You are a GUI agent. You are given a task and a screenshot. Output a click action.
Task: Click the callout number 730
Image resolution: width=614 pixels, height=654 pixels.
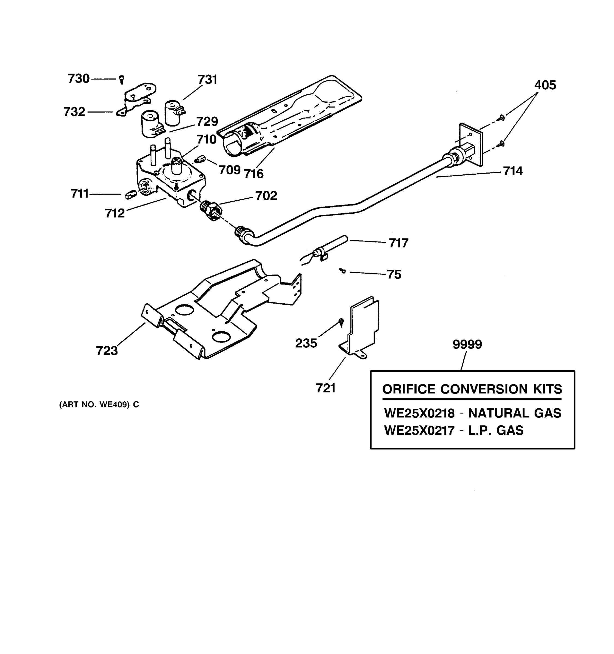coord(78,79)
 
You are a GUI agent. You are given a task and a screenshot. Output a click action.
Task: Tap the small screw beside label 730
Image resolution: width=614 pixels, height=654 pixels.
coord(121,79)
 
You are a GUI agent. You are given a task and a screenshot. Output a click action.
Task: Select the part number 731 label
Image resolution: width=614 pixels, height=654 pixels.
coord(207,80)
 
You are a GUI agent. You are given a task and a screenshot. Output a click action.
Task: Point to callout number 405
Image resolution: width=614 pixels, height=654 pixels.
coord(545,85)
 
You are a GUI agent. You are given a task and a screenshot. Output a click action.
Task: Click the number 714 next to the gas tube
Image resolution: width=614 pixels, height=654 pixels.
coord(512,171)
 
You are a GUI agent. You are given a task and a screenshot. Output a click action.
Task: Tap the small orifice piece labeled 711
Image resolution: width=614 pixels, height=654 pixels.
coord(130,194)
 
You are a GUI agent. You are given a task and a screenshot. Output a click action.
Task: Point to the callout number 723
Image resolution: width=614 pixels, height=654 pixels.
coord(107,351)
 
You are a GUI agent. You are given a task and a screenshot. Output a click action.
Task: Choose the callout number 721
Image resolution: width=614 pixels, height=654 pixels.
coord(326,388)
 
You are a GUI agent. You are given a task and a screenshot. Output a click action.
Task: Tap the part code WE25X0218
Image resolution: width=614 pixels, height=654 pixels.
coord(419,413)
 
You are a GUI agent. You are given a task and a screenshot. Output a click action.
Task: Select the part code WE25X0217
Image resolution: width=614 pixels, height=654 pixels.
coord(419,430)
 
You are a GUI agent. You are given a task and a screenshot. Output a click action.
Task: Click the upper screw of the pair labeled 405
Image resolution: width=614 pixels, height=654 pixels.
coord(502,117)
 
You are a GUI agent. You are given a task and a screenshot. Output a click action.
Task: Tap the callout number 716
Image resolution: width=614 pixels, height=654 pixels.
coord(254,174)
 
